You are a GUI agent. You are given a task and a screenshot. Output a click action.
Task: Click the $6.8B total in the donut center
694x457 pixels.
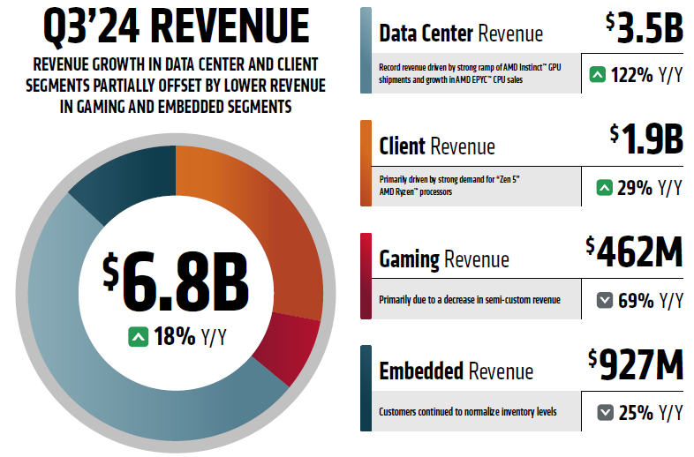(x=176, y=282)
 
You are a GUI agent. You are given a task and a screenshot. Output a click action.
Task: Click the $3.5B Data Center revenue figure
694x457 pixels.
(x=645, y=28)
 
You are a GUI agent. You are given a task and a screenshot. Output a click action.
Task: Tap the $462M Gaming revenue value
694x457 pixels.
(x=635, y=252)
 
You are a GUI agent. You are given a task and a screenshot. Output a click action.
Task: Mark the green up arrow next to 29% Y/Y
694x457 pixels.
(x=605, y=187)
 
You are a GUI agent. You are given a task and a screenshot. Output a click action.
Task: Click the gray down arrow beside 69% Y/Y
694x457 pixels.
(x=605, y=300)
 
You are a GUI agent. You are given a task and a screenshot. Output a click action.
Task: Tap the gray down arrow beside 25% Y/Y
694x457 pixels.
(x=605, y=412)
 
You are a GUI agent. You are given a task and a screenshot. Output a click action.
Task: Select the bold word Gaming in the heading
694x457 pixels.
(x=409, y=259)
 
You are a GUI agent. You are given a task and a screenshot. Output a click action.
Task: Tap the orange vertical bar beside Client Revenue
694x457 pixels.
(x=366, y=163)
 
